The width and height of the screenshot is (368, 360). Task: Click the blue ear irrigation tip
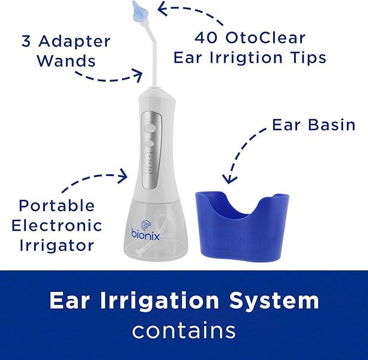[140, 12]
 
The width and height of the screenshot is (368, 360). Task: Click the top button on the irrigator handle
[150, 128]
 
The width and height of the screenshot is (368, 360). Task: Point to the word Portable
[56, 206]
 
